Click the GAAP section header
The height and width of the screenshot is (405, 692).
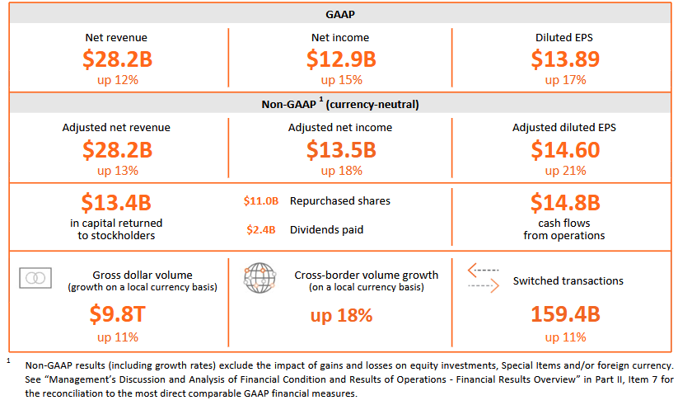click(x=340, y=14)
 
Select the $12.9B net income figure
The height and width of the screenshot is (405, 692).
click(x=340, y=59)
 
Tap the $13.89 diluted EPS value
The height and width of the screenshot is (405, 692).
click(x=565, y=59)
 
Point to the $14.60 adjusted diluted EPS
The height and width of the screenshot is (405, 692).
click(x=565, y=150)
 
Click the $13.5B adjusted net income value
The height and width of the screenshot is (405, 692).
click(x=340, y=150)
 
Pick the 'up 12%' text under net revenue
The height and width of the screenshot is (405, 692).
click(x=117, y=80)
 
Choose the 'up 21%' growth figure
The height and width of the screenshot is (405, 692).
click(x=565, y=171)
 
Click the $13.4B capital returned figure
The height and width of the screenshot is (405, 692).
click(x=117, y=203)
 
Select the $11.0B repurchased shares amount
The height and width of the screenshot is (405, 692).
click(x=261, y=200)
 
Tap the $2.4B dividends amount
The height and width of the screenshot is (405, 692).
click(x=261, y=230)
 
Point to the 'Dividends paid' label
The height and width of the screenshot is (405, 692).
click(x=326, y=230)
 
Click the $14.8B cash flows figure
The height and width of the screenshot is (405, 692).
click(x=565, y=203)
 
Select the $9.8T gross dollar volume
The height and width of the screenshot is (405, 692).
click(x=117, y=315)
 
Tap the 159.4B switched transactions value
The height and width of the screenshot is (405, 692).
click(x=565, y=315)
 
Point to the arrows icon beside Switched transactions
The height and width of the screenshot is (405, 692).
click(x=483, y=278)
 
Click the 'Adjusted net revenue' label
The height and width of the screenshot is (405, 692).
click(x=117, y=128)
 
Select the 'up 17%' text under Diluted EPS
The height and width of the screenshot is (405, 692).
click(x=565, y=80)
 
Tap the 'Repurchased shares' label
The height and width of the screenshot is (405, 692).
click(x=340, y=200)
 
